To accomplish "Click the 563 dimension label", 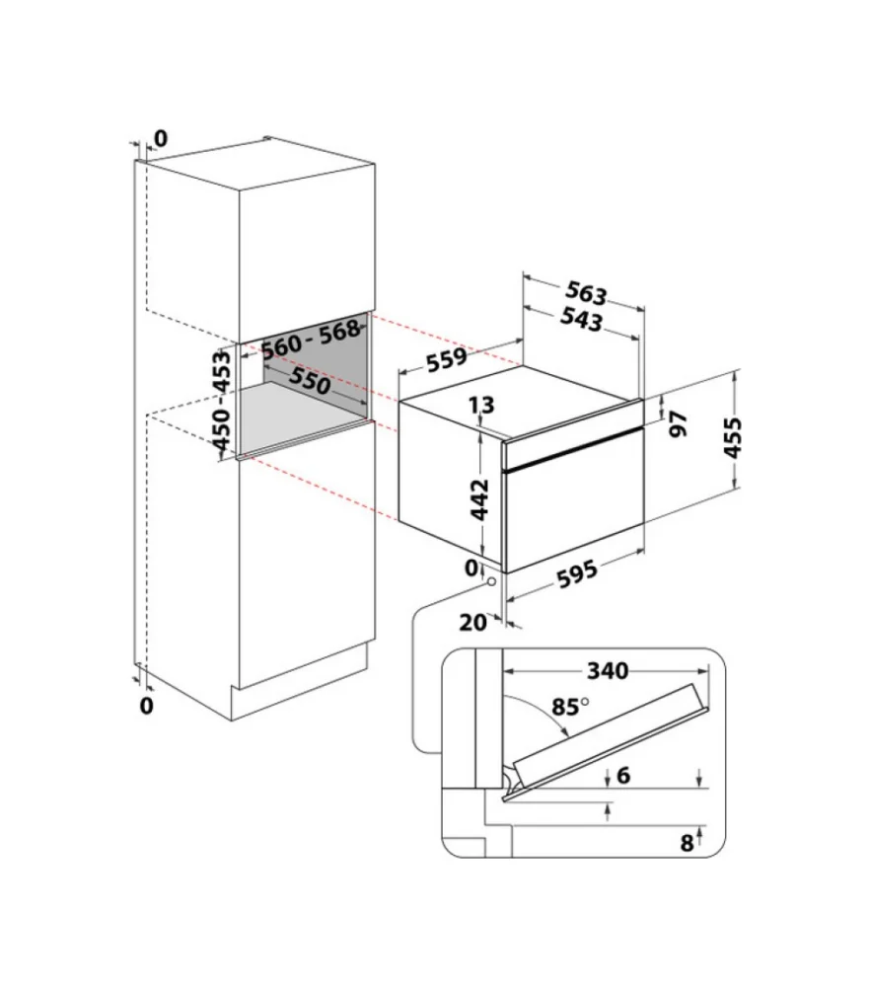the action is pyautogui.click(x=586, y=293).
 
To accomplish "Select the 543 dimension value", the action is pyautogui.click(x=581, y=320).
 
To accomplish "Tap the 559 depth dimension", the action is pyautogui.click(x=446, y=359).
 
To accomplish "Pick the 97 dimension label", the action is pyautogui.click(x=678, y=424).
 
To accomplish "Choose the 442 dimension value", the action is pyautogui.click(x=480, y=499).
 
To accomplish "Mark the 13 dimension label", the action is pyautogui.click(x=482, y=406).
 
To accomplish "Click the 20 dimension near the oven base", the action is pyautogui.click(x=473, y=623).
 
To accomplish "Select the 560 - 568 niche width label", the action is pyautogui.click(x=311, y=340).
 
